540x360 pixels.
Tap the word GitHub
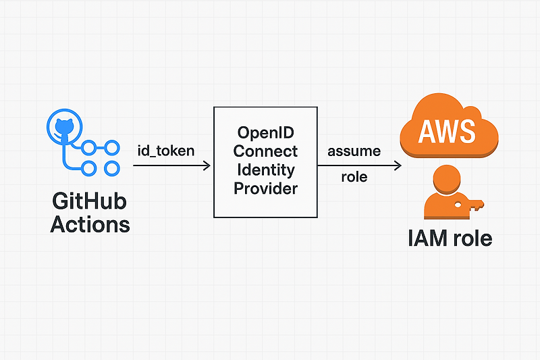point(90,201)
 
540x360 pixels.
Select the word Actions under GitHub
point(90,224)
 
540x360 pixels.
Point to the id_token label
point(165,150)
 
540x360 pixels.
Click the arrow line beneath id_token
point(169,165)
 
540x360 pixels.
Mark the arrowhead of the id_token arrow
point(207,165)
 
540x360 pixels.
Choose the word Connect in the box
point(266,151)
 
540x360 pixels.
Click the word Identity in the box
point(266,170)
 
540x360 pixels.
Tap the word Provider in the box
point(266,188)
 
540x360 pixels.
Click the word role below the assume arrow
point(354,178)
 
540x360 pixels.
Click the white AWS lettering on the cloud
point(448,130)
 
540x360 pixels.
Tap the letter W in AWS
point(448,130)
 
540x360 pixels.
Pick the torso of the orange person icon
point(442,206)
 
